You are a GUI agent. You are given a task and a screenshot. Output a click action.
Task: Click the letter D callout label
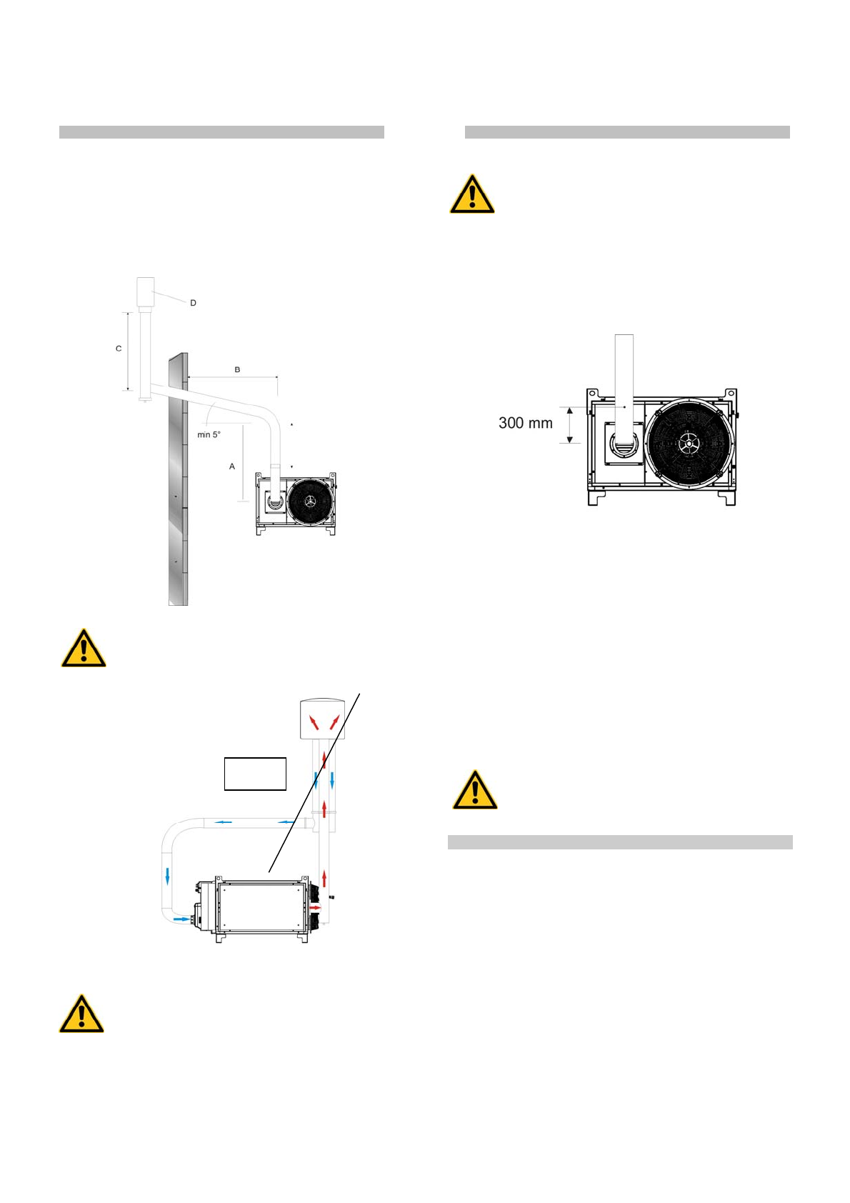[x=193, y=303]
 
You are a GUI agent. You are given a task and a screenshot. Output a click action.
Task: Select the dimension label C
[x=119, y=349]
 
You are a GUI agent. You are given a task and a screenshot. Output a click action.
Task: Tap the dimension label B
[x=237, y=369]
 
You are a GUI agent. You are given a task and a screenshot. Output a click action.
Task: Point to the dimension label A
[x=231, y=466]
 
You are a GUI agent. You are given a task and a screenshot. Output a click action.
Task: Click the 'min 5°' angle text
[x=209, y=434]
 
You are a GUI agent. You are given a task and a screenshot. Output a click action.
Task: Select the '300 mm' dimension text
[x=526, y=423]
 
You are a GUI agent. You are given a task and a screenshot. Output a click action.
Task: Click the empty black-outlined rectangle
[x=255, y=774]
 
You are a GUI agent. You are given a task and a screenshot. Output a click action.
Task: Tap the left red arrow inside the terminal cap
[x=314, y=722]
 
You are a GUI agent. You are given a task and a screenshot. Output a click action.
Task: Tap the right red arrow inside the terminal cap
[x=334, y=722]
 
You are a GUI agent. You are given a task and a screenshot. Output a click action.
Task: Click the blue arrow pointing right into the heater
[x=182, y=919]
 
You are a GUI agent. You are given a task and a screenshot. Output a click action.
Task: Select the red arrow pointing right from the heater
[x=316, y=907]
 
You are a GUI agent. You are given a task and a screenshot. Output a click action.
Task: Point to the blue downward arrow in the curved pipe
[x=168, y=875]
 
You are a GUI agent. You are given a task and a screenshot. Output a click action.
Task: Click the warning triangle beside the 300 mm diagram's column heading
[x=472, y=194]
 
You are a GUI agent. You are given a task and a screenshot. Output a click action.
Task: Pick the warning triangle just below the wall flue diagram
[x=84, y=649]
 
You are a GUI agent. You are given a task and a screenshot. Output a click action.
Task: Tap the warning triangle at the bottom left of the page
[x=81, y=1014]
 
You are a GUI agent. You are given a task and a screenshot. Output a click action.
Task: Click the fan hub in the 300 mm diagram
[x=688, y=444]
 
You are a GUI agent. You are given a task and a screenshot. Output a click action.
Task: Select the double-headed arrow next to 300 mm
[x=569, y=425]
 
